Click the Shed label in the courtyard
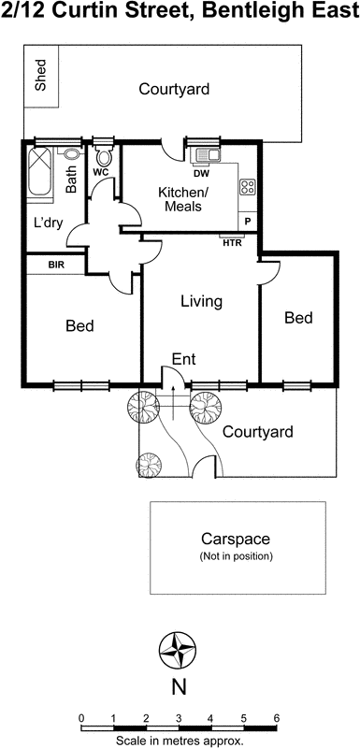(x=41, y=75)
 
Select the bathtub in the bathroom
(x=39, y=171)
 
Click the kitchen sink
(x=206, y=155)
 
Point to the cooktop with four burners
(x=247, y=186)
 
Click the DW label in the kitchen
(x=200, y=174)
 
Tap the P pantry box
(x=248, y=221)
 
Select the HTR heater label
(x=233, y=243)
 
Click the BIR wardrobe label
(x=56, y=265)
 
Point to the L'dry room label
(x=49, y=223)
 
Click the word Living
(x=202, y=301)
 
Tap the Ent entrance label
(x=183, y=359)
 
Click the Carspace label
(x=236, y=539)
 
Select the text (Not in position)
(x=236, y=556)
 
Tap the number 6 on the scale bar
(x=276, y=705)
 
